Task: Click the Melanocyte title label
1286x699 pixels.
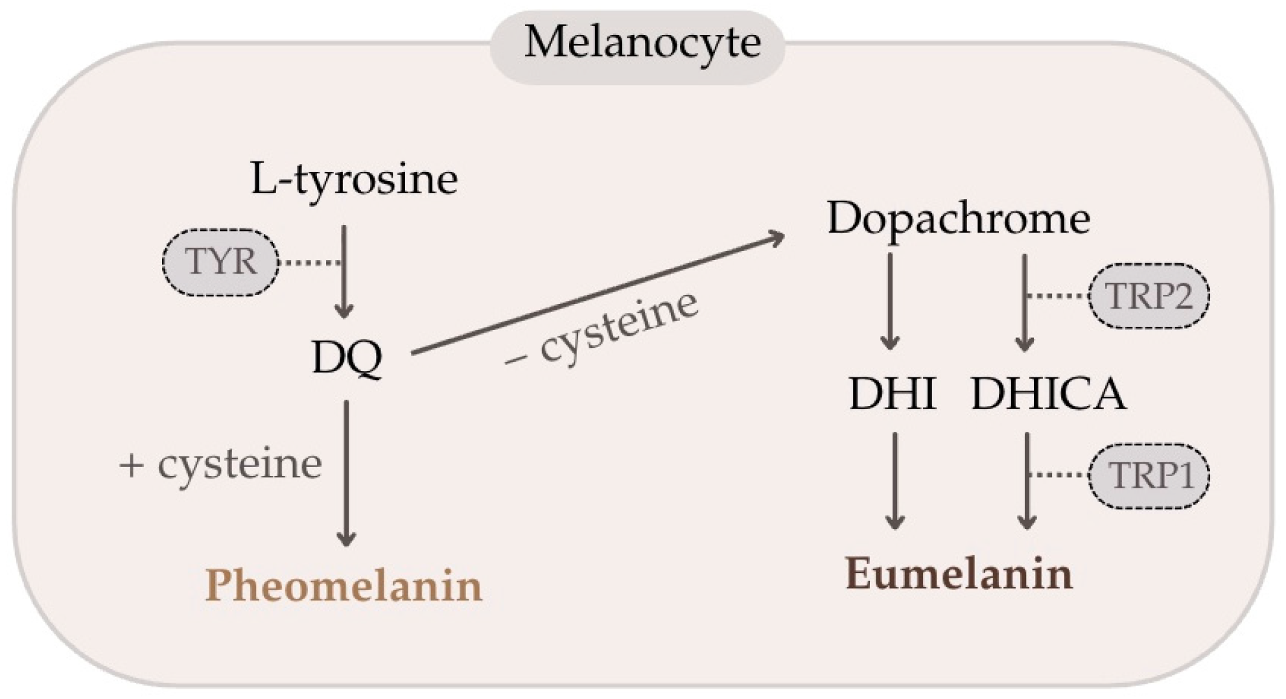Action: [642, 43]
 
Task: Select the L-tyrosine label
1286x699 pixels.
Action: [354, 179]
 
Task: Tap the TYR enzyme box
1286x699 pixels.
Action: [220, 262]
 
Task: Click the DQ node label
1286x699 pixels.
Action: [347, 357]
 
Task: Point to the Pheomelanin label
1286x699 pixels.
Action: [344, 586]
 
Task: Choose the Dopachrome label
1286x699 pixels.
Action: [959, 219]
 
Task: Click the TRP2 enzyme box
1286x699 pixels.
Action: [1149, 296]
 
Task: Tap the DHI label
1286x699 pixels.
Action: [893, 394]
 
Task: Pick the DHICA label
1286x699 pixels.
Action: [1048, 394]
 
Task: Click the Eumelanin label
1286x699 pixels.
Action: [959, 575]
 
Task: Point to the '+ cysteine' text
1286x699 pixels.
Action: [221, 464]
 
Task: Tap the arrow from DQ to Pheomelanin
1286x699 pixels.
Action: [347, 473]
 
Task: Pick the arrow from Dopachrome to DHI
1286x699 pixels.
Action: [891, 301]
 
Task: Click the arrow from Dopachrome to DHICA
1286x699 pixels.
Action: [1024, 302]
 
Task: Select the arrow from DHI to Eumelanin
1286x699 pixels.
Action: [895, 480]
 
